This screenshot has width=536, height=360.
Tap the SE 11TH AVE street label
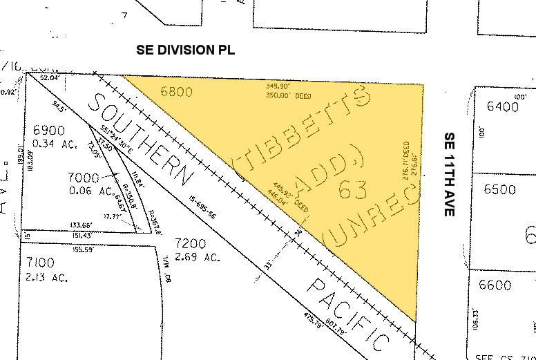pos(449,173)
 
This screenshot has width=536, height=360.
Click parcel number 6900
pos(48,130)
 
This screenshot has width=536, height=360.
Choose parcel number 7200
pos(193,244)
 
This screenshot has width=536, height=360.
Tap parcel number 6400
pos(501,106)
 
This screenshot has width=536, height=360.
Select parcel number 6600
pos(495,285)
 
